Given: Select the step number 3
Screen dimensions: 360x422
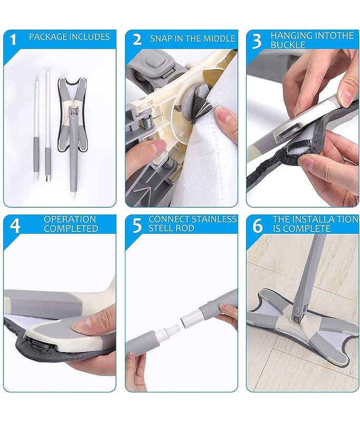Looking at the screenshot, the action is [257, 41].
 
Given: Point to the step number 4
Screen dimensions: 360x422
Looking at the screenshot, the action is [15, 226].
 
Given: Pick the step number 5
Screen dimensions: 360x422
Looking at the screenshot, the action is [137, 226].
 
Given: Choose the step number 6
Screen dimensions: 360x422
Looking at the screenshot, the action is [257, 226].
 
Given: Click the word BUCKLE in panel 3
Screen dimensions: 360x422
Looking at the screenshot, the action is [288, 45].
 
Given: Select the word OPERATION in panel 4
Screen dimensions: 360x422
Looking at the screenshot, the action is [70, 219].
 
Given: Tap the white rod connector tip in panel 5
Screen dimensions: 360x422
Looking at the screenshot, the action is [191, 318].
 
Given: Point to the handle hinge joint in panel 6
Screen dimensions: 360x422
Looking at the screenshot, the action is [298, 312].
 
